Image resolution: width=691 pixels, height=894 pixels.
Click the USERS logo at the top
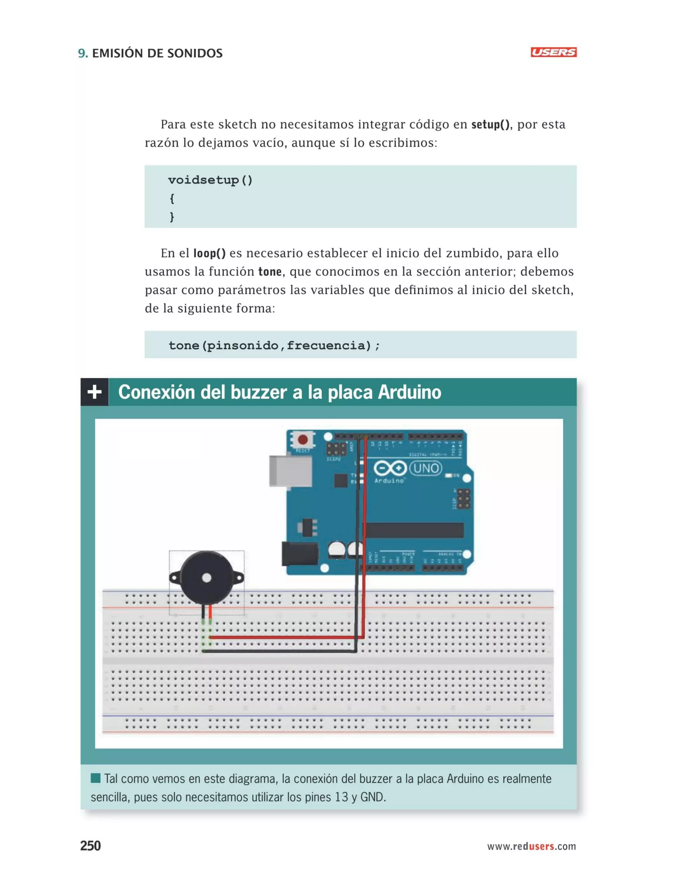[553, 52]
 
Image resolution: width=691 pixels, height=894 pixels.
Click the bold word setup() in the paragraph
[490, 124]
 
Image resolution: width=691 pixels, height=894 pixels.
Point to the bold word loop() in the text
[209, 253]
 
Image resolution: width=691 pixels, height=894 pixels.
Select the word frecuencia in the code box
[328, 345]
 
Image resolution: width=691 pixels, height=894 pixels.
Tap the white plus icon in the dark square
[94, 392]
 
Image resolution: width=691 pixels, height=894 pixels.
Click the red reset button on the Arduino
[303, 440]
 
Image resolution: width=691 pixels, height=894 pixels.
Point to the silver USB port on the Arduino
[288, 471]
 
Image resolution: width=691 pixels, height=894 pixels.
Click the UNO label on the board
[426, 468]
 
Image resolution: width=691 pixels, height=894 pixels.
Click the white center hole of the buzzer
[207, 578]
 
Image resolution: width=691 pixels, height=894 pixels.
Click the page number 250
[90, 846]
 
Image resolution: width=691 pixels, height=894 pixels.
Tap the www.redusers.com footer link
[531, 846]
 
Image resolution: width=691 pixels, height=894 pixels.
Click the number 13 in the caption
[341, 798]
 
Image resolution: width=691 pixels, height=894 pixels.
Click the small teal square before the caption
[95, 778]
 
